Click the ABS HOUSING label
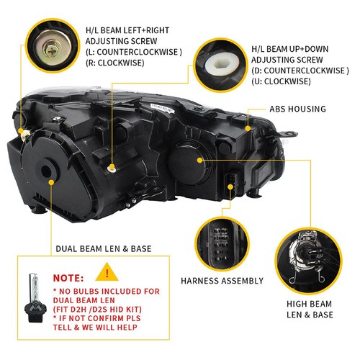(x=297, y=109)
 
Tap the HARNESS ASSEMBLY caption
(x=222, y=281)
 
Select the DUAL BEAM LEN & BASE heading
(x=104, y=249)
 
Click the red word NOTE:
(x=68, y=278)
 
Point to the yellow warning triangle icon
(x=107, y=273)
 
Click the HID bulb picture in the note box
(x=35, y=297)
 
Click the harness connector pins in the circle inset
(x=221, y=244)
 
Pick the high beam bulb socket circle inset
(x=308, y=261)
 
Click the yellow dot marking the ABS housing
(x=248, y=128)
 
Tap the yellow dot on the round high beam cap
(x=199, y=160)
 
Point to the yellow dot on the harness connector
(x=230, y=187)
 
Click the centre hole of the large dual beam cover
(x=46, y=171)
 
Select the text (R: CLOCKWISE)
(x=115, y=63)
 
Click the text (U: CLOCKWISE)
(x=281, y=81)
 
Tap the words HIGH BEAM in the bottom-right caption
(x=309, y=304)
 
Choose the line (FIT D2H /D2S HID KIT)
(x=97, y=310)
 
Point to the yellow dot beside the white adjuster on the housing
(x=112, y=167)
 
